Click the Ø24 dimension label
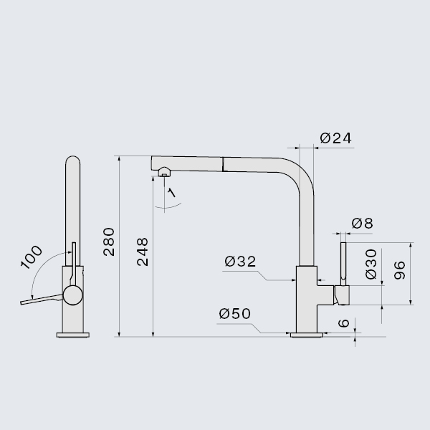click(x=335, y=138)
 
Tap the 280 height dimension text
click(x=109, y=242)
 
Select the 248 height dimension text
click(x=143, y=252)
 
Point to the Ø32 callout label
click(x=240, y=262)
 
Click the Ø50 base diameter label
click(x=235, y=314)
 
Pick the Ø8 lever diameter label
click(x=362, y=224)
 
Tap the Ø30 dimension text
click(x=371, y=264)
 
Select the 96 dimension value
click(x=400, y=270)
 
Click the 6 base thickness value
click(x=343, y=323)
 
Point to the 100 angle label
click(x=32, y=257)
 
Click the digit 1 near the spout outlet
click(x=171, y=193)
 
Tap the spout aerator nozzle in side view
click(x=164, y=173)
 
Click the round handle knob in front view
click(x=73, y=295)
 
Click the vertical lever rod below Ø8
click(x=343, y=264)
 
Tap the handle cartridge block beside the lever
click(x=341, y=295)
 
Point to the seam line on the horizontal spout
click(x=223, y=164)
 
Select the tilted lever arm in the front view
click(x=42, y=300)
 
